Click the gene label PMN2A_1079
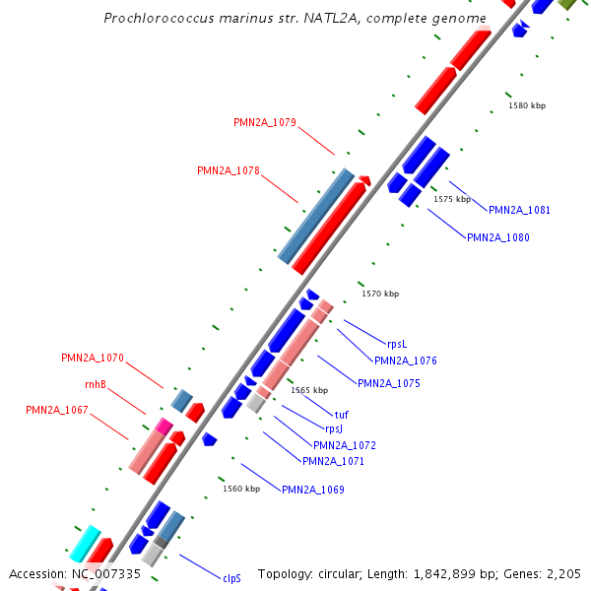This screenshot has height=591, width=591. click(265, 123)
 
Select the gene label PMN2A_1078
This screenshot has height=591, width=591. click(229, 170)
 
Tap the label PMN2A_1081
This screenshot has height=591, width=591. click(519, 210)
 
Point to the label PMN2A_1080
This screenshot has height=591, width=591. click(497, 237)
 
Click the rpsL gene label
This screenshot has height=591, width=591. click(397, 344)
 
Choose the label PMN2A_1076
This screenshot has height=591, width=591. click(405, 361)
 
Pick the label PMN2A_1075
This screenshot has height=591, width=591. click(388, 383)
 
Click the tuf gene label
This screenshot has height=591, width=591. click(342, 415)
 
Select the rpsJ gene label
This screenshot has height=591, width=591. click(334, 428)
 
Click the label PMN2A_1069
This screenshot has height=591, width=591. click(313, 490)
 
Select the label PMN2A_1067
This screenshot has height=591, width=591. click(57, 410)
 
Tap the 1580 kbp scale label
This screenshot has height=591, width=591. click(526, 105)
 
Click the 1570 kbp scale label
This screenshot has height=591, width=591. click(380, 294)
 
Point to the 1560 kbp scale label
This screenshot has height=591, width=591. click(241, 488)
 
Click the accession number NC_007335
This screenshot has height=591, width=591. click(105, 573)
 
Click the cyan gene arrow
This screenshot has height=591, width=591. click(85, 543)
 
